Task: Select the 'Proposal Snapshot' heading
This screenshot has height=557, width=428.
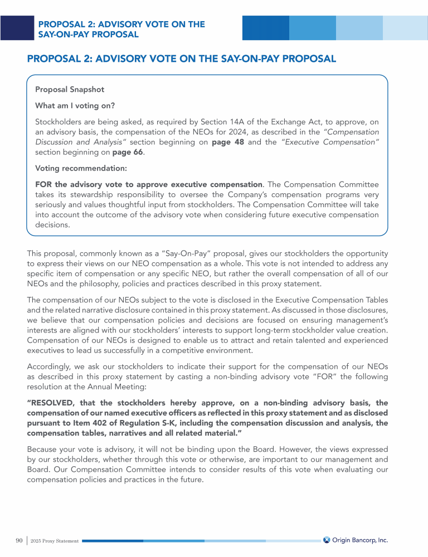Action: coord(70,89)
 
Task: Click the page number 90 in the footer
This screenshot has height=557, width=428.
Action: coord(19,540)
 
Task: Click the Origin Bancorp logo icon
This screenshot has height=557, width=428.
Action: coord(327,540)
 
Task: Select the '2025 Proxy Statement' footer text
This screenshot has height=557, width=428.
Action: coord(55,541)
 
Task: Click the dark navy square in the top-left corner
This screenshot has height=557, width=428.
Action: coord(17,27)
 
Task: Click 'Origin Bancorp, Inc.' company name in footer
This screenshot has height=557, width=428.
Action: coord(360,540)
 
